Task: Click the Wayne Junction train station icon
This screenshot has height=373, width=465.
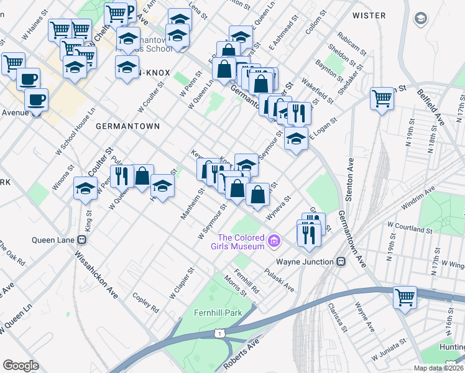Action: click(x=341, y=262)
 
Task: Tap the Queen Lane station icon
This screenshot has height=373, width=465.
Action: click(x=81, y=240)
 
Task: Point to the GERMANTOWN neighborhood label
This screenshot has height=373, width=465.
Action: click(x=127, y=126)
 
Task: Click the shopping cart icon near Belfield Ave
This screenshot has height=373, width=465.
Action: click(x=382, y=98)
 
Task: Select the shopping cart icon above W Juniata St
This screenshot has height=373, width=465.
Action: click(x=405, y=297)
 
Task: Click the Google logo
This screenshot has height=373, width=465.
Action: click(x=21, y=365)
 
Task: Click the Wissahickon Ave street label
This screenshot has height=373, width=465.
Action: click(x=97, y=274)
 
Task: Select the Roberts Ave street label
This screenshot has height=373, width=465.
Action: click(x=241, y=354)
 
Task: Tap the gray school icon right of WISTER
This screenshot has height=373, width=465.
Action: click(x=421, y=18)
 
